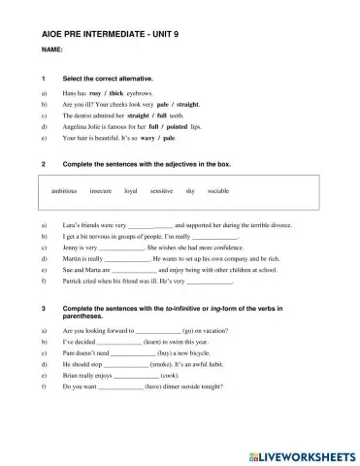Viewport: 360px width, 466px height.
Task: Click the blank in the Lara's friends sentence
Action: pyautogui.click(x=149, y=224)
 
